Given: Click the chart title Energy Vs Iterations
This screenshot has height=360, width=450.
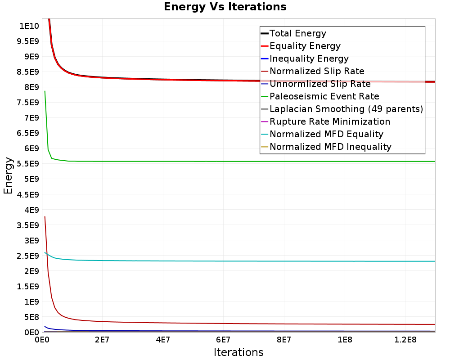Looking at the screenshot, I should point(225,7).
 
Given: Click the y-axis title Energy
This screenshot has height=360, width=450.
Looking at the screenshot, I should point(8,175).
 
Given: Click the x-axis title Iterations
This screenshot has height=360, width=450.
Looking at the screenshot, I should point(238,352).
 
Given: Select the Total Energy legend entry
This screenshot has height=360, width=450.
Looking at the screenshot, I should point(297,33).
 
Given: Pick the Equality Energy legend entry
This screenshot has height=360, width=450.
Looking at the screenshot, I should point(305,46).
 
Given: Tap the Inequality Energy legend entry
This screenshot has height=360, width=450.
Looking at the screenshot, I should point(309,58).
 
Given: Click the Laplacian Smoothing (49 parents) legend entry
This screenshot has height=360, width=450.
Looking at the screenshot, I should point(346,109).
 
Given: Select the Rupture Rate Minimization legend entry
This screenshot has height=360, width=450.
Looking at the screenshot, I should point(329,121).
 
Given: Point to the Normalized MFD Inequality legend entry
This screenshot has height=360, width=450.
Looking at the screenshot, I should point(330,147).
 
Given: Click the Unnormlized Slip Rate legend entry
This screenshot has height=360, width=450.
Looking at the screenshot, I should point(320,84).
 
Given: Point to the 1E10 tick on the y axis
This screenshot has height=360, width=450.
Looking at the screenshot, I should point(29,26).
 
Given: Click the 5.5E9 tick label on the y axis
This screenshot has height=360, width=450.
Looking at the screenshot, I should point(27,164).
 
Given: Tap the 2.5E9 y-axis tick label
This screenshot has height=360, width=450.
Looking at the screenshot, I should point(27,256).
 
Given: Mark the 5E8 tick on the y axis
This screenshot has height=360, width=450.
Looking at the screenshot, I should point(29,317).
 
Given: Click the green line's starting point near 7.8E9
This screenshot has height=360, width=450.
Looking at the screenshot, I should point(45,91).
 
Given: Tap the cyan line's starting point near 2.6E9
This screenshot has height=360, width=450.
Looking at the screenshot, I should point(45,252).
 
